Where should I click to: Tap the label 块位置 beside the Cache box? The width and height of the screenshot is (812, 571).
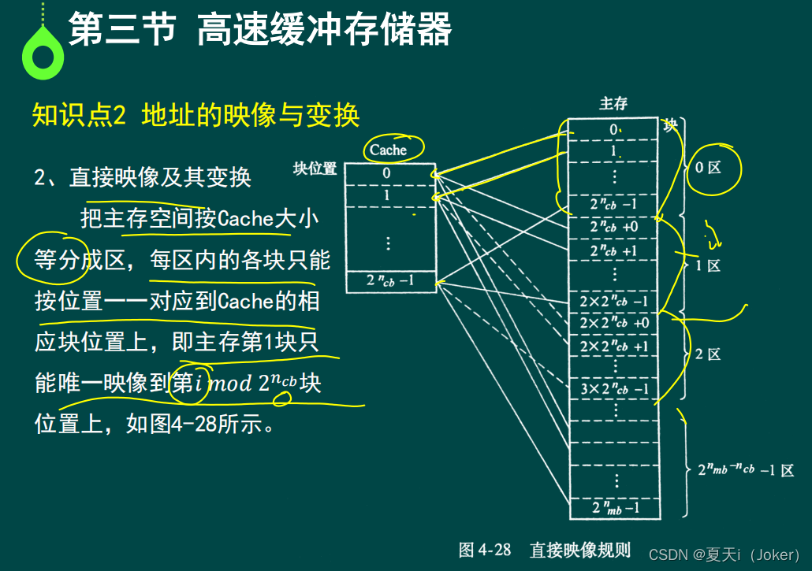pyautogui.click(x=315, y=169)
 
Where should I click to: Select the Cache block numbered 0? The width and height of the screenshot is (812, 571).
pyautogui.click(x=386, y=173)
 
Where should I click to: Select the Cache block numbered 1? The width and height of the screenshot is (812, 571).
pyautogui.click(x=386, y=195)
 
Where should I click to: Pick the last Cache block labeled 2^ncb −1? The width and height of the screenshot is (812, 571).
pyautogui.click(x=390, y=281)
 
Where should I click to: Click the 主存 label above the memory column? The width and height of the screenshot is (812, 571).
pyautogui.click(x=613, y=104)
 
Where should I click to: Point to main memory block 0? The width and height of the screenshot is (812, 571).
pyautogui.click(x=613, y=128)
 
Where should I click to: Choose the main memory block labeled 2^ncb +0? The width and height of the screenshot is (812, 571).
pyautogui.click(x=613, y=228)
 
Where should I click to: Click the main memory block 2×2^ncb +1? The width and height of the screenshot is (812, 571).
pyautogui.click(x=613, y=347)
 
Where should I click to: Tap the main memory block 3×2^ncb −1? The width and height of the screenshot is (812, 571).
pyautogui.click(x=613, y=387)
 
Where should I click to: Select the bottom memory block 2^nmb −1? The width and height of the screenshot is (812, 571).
pyautogui.click(x=615, y=508)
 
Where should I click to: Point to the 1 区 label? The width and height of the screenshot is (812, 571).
pyautogui.click(x=708, y=265)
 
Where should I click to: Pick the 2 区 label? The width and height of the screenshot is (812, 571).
pyautogui.click(x=708, y=354)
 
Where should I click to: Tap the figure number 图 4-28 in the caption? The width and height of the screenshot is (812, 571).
pyautogui.click(x=485, y=550)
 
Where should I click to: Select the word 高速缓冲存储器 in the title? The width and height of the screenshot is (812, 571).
pyautogui.click(x=324, y=32)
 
